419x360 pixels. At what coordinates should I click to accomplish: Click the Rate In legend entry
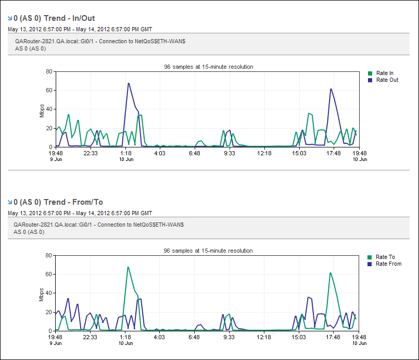coord(385,73)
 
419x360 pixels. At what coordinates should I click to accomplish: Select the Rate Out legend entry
coord(387,80)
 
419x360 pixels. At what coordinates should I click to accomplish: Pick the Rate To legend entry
coord(385,257)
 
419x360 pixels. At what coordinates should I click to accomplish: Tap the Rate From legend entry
coord(388,264)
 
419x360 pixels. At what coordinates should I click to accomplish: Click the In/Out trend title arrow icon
coord(10,18)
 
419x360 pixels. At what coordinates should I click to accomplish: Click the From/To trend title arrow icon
coord(10,202)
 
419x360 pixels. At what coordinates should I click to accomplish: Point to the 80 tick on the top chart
coord(49,71)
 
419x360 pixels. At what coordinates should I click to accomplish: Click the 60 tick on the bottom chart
coord(49,274)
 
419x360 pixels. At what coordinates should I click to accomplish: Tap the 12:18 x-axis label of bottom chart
coord(264,337)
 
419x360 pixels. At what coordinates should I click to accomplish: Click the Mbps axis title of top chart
coord(42,109)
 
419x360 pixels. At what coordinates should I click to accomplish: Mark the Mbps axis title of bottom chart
coord(42,293)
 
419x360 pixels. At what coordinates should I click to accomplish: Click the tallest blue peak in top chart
coord(129,83)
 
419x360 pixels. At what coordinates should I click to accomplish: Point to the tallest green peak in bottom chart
coord(128,267)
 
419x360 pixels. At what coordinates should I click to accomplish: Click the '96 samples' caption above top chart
coord(208,67)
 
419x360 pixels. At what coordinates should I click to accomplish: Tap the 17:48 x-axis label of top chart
coord(334,153)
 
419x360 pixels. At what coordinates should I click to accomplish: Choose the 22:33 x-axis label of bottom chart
coord(91,337)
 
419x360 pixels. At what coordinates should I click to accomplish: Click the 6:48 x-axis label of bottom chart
coord(195,337)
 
